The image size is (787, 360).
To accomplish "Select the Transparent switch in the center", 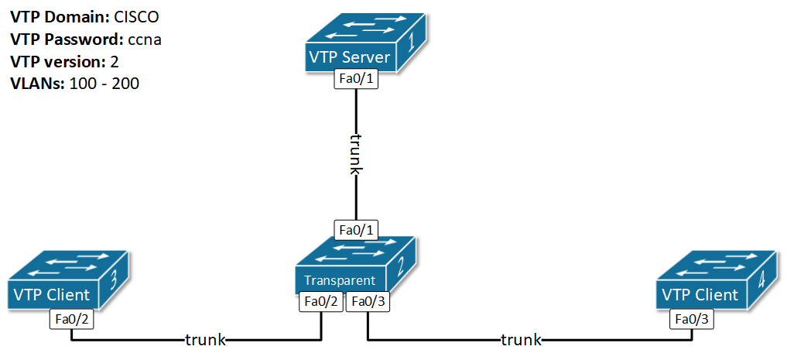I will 355,266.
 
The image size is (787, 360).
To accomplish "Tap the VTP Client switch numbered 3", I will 68,279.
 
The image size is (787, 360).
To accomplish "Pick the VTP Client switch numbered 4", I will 716,280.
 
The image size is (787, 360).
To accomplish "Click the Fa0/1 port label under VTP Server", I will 356,80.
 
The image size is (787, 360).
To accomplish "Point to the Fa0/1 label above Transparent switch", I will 356,230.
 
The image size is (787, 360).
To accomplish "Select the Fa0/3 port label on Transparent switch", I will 368,303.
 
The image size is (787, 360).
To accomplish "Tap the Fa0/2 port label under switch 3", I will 71,318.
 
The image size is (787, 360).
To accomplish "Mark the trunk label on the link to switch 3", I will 205,339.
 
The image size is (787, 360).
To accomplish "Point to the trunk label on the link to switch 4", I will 521,339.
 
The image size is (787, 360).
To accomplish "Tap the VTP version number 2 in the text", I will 114,61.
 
